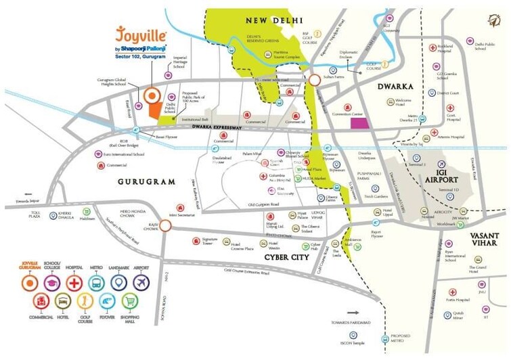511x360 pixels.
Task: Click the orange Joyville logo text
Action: coord(141,33)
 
